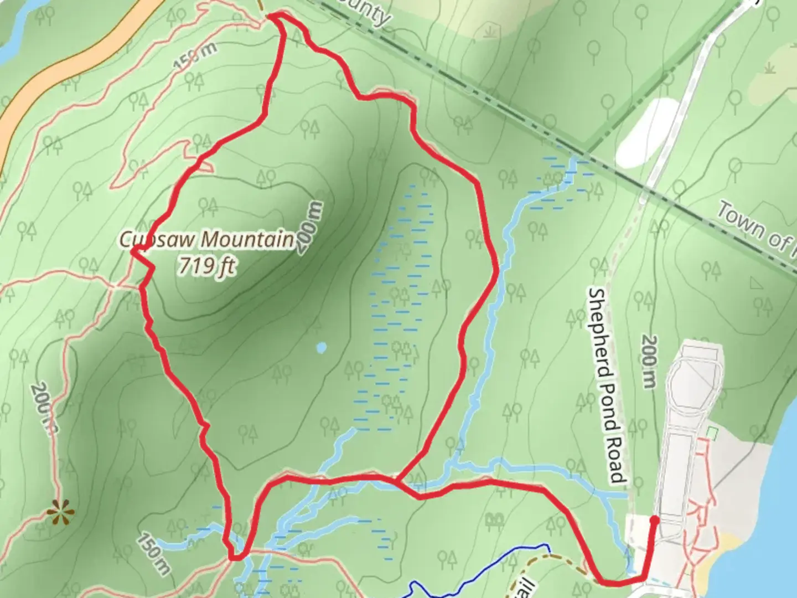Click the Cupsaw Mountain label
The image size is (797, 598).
207,240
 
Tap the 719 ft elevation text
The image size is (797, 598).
206,266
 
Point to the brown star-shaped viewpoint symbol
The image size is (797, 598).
59,513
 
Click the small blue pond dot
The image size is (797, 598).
321,348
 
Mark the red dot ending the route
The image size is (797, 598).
654,519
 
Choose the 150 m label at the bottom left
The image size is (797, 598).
154,553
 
